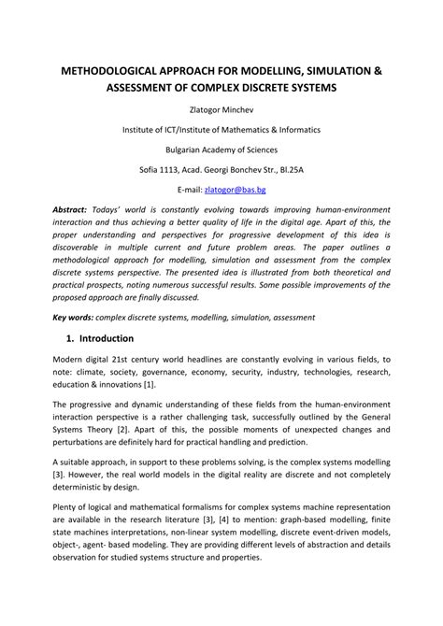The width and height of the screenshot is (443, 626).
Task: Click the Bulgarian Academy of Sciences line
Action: (221, 148)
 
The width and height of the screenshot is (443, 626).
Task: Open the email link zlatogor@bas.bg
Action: (246, 188)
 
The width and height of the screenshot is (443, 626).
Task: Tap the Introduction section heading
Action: (107, 338)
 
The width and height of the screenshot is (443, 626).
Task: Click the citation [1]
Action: (150, 384)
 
